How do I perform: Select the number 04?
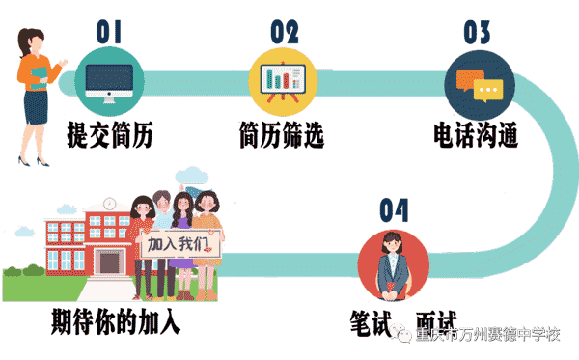pos(394,209)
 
